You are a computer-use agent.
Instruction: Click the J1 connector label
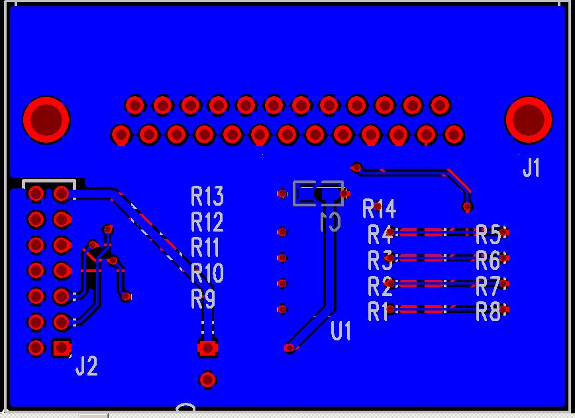(531, 169)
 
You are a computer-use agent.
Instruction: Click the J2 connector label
(86, 366)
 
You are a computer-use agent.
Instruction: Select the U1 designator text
(340, 330)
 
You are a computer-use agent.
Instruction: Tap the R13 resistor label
(207, 196)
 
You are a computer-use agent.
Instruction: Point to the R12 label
(207, 222)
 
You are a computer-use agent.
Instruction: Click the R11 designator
(205, 247)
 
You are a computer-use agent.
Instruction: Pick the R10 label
(207, 273)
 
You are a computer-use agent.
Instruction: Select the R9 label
(203, 299)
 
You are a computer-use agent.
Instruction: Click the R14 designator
(380, 210)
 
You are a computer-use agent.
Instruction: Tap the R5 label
(489, 234)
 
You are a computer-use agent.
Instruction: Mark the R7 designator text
(489, 286)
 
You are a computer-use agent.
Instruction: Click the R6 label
(489, 260)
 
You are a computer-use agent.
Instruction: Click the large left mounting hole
(46, 120)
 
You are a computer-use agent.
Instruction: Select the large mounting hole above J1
(529, 120)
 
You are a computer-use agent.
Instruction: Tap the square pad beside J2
(62, 347)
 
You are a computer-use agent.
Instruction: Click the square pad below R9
(208, 347)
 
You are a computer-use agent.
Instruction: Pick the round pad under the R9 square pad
(208, 380)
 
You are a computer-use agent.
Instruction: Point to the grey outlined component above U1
(319, 194)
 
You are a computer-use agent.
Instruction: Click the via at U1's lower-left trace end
(289, 348)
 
